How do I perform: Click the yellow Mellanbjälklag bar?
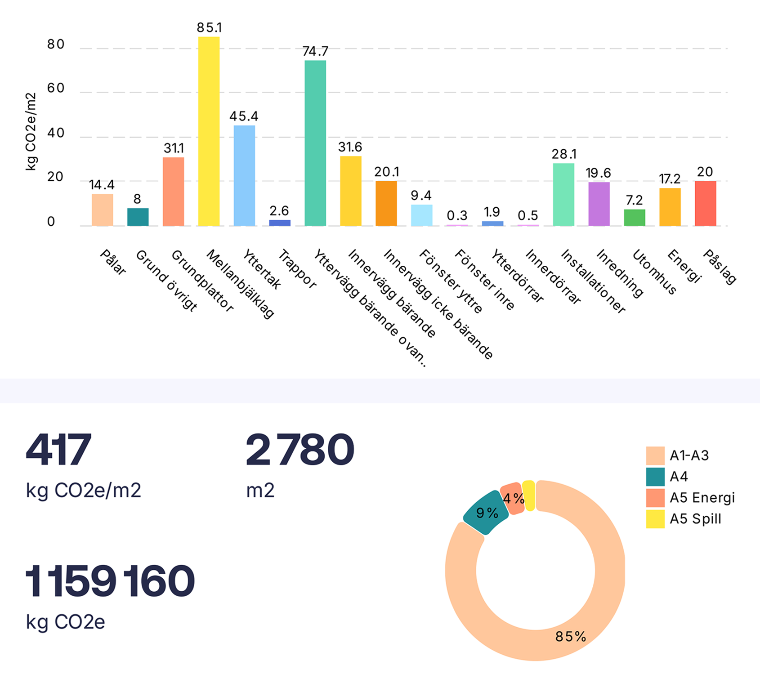click(x=209, y=131)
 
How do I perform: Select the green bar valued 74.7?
click(x=315, y=143)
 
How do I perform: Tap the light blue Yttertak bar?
click(x=244, y=175)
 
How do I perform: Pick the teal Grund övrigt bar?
click(x=138, y=217)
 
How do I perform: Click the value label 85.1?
click(x=209, y=28)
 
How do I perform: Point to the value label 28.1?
click(x=564, y=154)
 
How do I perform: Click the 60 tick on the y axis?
click(x=56, y=88)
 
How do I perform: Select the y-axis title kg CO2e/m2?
click(x=30, y=132)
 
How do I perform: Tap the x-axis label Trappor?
click(x=297, y=269)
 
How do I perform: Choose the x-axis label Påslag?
click(x=720, y=267)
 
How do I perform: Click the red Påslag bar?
click(x=705, y=203)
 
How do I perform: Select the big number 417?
click(x=58, y=450)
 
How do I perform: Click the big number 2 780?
click(x=300, y=450)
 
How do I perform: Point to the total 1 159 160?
click(x=110, y=581)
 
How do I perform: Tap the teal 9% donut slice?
click(x=485, y=513)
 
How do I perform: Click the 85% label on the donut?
click(x=571, y=636)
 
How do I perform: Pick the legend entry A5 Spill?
click(x=695, y=519)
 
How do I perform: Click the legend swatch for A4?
click(x=655, y=477)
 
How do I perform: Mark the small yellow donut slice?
click(x=529, y=496)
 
